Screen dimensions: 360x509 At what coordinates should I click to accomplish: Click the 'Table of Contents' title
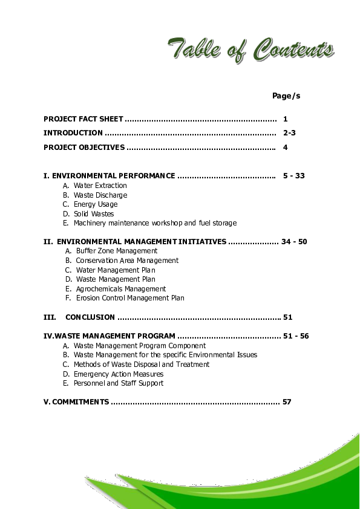pos(250,49)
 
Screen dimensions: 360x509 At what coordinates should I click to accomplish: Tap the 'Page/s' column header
pos(286,96)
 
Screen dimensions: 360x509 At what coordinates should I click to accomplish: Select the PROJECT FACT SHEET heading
pos(83,119)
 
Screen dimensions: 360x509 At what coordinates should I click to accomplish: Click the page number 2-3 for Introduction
pos(289,133)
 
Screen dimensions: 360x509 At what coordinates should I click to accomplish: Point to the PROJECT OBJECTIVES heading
pos(84,148)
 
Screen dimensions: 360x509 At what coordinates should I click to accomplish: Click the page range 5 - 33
pos(293,176)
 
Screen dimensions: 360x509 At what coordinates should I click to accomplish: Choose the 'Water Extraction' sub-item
pos(100,186)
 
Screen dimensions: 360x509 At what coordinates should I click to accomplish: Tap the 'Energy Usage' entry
pos(96,204)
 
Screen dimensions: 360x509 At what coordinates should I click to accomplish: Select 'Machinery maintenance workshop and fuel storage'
pos(155,223)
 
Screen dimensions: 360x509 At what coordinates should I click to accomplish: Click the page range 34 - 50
pos(294,242)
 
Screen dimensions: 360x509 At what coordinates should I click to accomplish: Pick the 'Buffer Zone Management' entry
pos(116,251)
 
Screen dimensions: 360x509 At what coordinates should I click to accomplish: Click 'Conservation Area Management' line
pos(127,261)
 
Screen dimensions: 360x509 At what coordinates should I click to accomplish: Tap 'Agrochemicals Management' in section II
pos(120,289)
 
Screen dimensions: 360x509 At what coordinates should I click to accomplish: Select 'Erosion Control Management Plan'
pos(130,298)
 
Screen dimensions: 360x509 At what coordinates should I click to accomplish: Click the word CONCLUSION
pos(90,317)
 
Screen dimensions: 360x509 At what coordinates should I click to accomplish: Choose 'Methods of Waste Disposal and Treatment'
pos(142,365)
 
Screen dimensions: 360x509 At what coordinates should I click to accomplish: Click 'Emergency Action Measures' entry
pos(119,374)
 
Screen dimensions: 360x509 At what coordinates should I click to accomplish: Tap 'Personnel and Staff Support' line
pos(119,383)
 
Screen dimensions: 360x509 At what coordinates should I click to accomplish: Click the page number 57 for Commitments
pos(287,402)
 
